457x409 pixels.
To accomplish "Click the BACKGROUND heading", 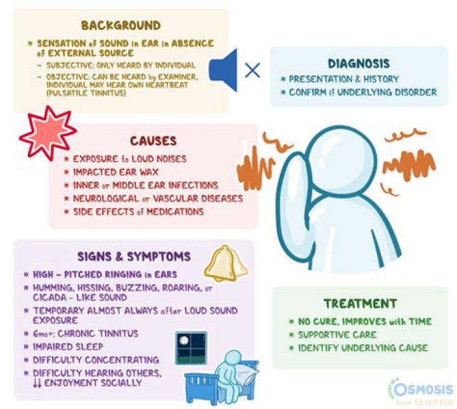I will coord(121,25).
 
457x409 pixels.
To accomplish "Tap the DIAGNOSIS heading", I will coord(359,64).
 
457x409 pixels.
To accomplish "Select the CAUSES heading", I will coord(152,141).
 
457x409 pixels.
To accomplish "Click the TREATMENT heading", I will coord(360,304).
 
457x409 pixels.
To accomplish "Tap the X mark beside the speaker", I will coord(252,69).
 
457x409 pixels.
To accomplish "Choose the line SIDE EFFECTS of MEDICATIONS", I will coord(138,211).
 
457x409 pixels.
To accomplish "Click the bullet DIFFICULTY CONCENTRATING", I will coord(95,359).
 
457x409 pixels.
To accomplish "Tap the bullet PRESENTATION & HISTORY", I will coord(343,79).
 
